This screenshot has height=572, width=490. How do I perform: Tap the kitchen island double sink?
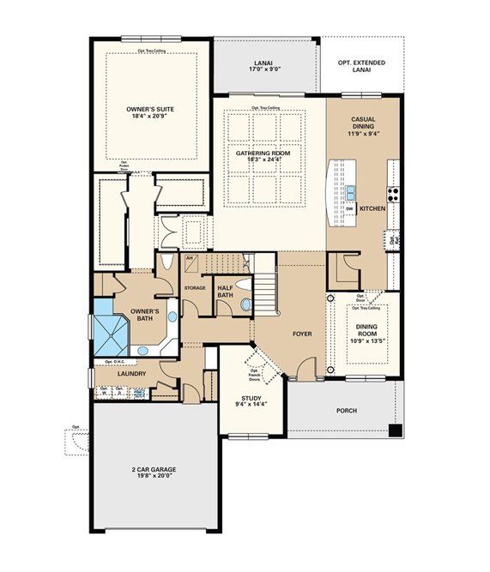tap(351, 192)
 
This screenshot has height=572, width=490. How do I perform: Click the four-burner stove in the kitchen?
tap(394, 192)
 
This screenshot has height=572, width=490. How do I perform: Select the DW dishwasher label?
tap(350, 207)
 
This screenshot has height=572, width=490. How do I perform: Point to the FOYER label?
tap(301, 334)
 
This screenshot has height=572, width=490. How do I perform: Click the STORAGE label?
tap(195, 287)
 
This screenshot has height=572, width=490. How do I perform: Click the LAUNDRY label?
tap(131, 374)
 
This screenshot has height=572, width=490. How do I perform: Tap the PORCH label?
tap(347, 410)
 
